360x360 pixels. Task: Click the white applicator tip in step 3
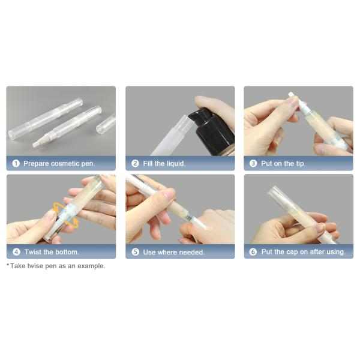point(292,97)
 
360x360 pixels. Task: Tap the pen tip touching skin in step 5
point(201,224)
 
